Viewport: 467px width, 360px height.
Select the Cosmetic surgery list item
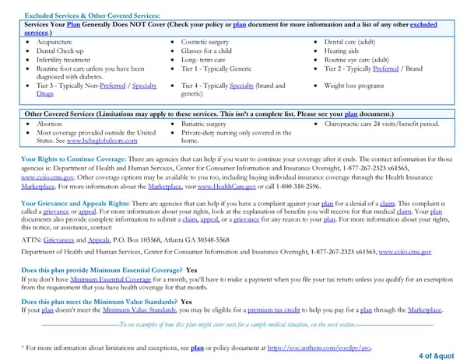pyautogui.click(x=204, y=40)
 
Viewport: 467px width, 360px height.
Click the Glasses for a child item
pyautogui.click(x=205, y=50)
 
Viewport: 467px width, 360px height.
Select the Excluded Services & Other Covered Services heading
pyautogui.click(x=93, y=16)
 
